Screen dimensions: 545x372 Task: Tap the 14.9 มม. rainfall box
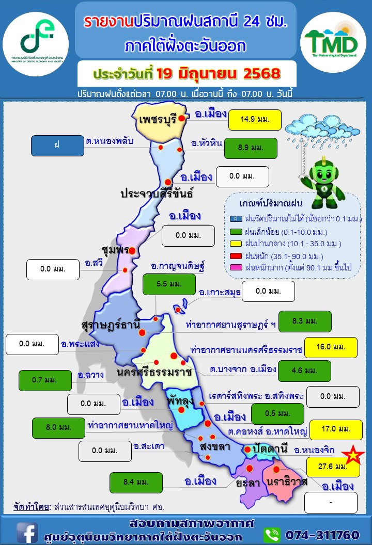[x=255, y=121]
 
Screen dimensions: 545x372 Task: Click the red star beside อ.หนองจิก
[x=352, y=455]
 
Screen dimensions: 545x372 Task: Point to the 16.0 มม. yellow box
[x=331, y=347]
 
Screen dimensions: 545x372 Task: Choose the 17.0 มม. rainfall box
[x=336, y=429]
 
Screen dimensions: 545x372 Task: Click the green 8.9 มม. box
[x=251, y=148]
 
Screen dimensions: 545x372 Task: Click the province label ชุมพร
[x=115, y=250]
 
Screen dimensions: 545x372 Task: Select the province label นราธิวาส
[x=287, y=482]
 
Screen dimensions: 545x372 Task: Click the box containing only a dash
[x=331, y=502]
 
